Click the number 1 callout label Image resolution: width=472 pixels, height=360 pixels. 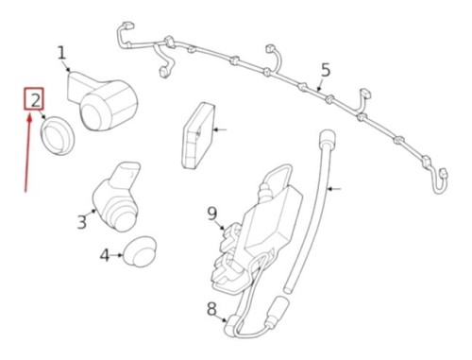[62, 53]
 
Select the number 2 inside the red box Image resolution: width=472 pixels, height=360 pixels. [34, 99]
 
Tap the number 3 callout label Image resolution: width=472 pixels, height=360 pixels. [81, 222]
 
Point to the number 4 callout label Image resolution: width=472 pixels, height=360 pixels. [105, 254]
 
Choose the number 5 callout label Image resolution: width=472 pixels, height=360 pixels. [326, 70]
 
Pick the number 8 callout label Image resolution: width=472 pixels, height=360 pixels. [211, 308]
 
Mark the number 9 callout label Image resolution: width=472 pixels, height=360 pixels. [212, 214]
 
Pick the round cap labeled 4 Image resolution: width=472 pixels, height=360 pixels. [140, 251]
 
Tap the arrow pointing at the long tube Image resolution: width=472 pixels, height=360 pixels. [335, 190]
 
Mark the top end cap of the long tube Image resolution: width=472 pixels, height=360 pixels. [328, 138]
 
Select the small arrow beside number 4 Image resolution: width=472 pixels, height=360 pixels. [118, 255]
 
